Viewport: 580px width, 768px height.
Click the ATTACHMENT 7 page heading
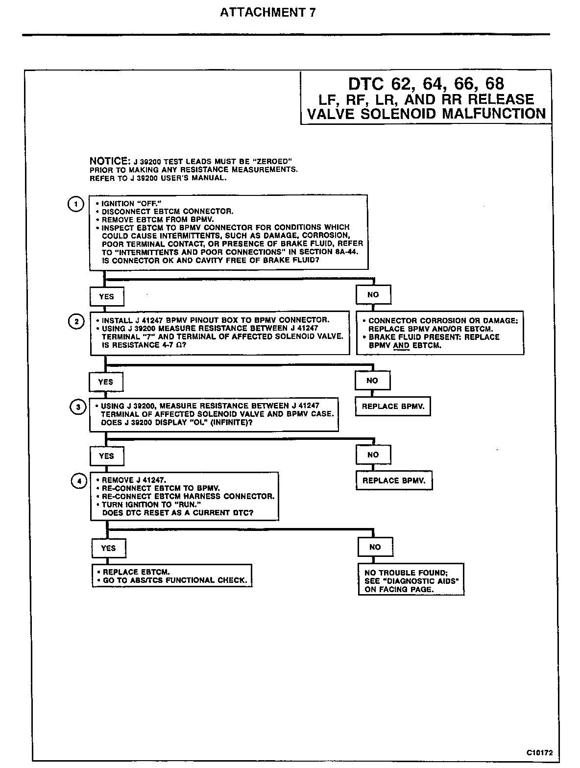tap(267, 13)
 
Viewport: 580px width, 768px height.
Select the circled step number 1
tap(75, 204)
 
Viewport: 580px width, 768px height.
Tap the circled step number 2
tap(76, 322)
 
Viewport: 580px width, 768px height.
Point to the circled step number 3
tap(78, 407)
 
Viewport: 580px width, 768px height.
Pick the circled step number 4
tap(78, 481)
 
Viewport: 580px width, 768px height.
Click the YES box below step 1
tap(106, 296)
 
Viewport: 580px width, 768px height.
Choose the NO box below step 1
tap(373, 295)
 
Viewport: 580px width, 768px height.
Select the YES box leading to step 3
tap(106, 382)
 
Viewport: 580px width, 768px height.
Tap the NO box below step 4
tap(375, 547)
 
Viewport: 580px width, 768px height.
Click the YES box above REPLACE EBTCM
tap(108, 548)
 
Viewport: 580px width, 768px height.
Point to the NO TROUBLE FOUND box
tap(411, 580)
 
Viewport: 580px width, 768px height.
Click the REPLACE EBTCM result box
tap(172, 576)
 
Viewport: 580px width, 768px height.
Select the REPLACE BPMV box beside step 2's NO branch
tap(392, 406)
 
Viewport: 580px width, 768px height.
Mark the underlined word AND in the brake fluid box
tap(401, 345)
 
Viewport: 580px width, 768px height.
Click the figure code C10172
tap(543, 752)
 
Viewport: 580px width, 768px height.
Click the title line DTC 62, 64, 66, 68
tap(426, 84)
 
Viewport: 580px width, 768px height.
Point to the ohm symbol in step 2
tap(182, 345)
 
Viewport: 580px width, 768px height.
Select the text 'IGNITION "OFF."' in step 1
tap(131, 203)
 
